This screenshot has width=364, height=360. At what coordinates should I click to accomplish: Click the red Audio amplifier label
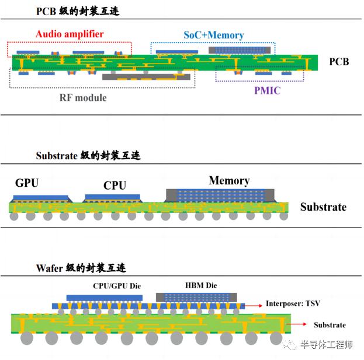pyautogui.click(x=70, y=34)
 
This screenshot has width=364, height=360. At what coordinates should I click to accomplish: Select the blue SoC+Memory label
pyautogui.click(x=214, y=35)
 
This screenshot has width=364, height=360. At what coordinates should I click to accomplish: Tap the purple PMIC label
pyautogui.click(x=268, y=90)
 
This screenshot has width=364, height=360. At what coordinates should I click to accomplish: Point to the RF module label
pyautogui.click(x=83, y=97)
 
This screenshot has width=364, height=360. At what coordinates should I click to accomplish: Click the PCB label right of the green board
pyautogui.click(x=339, y=62)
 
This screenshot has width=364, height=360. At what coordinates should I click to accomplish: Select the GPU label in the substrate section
pyautogui.click(x=27, y=183)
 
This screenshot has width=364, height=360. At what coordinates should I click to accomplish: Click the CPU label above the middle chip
pyautogui.click(x=115, y=186)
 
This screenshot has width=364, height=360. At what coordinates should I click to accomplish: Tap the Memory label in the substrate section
pyautogui.click(x=230, y=180)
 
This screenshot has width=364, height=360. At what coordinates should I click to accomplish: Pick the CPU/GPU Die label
pyautogui.click(x=117, y=286)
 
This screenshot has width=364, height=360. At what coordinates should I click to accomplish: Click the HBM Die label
pyautogui.click(x=201, y=285)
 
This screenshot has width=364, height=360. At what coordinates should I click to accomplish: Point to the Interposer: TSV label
pyautogui.click(x=293, y=303)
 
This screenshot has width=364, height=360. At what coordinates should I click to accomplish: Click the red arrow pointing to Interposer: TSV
pyautogui.click(x=254, y=306)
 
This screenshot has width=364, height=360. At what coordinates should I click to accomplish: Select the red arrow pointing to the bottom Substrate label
pyautogui.click(x=297, y=324)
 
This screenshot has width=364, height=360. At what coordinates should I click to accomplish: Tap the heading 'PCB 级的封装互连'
pyautogui.click(x=78, y=11)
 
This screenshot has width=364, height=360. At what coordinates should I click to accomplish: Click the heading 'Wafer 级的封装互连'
pyautogui.click(x=81, y=268)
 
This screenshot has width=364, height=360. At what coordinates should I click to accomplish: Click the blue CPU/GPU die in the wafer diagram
pyautogui.click(x=105, y=298)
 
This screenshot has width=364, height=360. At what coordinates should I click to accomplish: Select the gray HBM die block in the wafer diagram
pyautogui.click(x=196, y=298)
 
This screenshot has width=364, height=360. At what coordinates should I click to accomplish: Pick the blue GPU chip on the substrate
pyautogui.click(x=41, y=198)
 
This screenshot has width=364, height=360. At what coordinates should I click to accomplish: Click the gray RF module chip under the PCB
pyautogui.click(x=146, y=77)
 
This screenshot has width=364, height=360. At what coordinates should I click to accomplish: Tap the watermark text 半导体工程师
pyautogui.click(x=327, y=345)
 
